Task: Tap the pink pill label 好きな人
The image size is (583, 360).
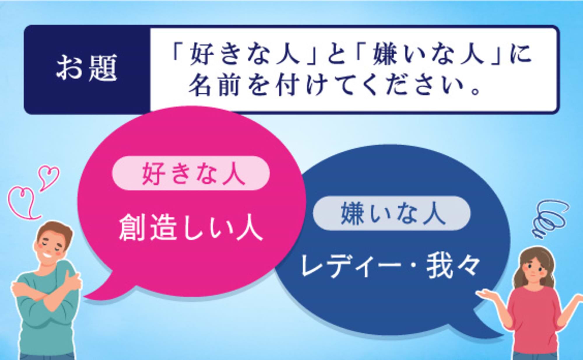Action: pos(191,174)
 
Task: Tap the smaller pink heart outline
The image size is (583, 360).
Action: pos(49,176)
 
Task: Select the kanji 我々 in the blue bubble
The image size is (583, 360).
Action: pos(453,266)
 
